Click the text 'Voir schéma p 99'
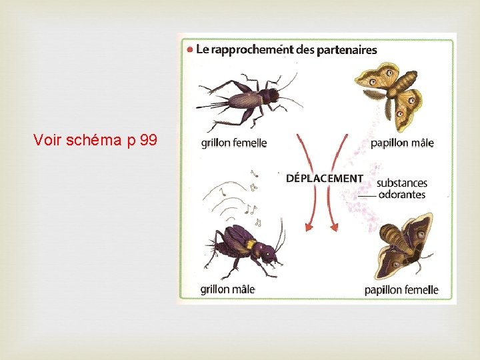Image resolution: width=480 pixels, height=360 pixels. point(95,140)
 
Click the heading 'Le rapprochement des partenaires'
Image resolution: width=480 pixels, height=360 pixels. point(287,49)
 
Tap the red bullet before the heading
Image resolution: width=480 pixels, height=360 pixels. point(190,49)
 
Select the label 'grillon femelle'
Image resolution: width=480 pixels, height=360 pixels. point(233,143)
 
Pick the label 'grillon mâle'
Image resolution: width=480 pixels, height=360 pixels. point(227,289)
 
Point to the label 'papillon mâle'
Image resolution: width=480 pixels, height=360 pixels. point(402,143)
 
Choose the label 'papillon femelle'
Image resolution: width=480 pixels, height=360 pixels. point(401,290)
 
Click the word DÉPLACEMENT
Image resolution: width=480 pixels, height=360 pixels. point(325,179)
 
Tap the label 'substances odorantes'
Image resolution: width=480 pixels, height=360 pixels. point(401,189)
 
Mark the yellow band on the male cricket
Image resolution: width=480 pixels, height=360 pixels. point(251,245)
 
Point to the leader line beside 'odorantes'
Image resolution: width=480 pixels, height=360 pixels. point(367,196)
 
